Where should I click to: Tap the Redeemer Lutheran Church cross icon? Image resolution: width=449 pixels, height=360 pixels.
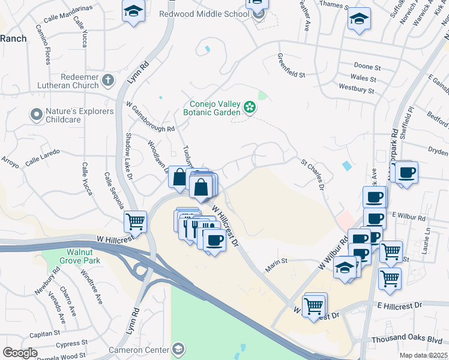coord(108,80)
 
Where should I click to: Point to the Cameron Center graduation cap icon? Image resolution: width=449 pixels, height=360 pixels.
coord(178,349)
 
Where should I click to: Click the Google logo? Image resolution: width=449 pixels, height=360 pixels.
coord(20,353)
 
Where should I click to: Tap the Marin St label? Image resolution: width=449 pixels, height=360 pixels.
coord(277,261)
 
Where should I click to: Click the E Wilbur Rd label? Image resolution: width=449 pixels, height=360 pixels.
coord(408,215)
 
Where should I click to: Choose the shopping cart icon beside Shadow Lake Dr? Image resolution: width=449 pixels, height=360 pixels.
coord(136,221)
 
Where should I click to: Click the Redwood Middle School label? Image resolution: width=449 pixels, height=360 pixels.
coord(204,14)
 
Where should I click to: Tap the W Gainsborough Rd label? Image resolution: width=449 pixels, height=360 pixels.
coord(150,117)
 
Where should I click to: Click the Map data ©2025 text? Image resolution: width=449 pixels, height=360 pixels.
coord(424,355)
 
